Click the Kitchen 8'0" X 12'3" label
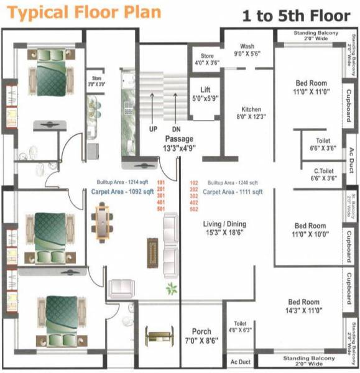click(251, 113)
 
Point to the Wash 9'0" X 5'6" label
click(247, 50)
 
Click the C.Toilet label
click(323, 173)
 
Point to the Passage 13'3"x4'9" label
click(180, 143)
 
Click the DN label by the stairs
click(176, 129)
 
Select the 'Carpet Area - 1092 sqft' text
click(122, 193)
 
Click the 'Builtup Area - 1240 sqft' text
click(233, 183)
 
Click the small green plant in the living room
click(170, 288)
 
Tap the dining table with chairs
click(100, 223)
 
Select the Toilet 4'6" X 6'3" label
click(240, 327)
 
